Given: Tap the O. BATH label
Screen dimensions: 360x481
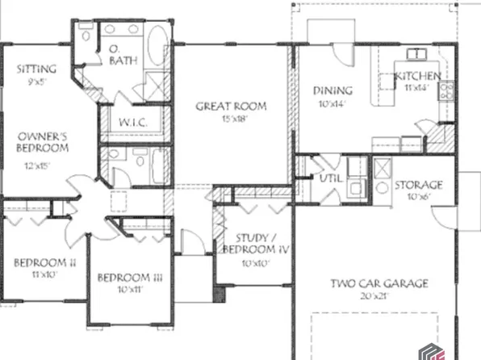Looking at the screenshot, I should (x=122, y=56).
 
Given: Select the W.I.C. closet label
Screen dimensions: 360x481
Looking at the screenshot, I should (x=132, y=122).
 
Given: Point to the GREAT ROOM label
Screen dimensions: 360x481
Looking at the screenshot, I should (x=232, y=106).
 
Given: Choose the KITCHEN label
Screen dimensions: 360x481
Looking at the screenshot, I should (x=418, y=77).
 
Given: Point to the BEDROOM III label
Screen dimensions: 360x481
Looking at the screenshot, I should (x=131, y=278).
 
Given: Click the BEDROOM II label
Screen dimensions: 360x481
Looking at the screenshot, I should (x=44, y=262).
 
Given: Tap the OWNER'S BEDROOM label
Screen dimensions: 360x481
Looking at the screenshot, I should (x=42, y=143).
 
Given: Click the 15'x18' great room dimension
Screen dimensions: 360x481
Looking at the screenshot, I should (x=232, y=119).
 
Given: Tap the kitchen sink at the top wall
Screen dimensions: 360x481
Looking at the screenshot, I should (x=416, y=54).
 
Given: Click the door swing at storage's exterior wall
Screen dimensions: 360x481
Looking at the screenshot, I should (x=442, y=211).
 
